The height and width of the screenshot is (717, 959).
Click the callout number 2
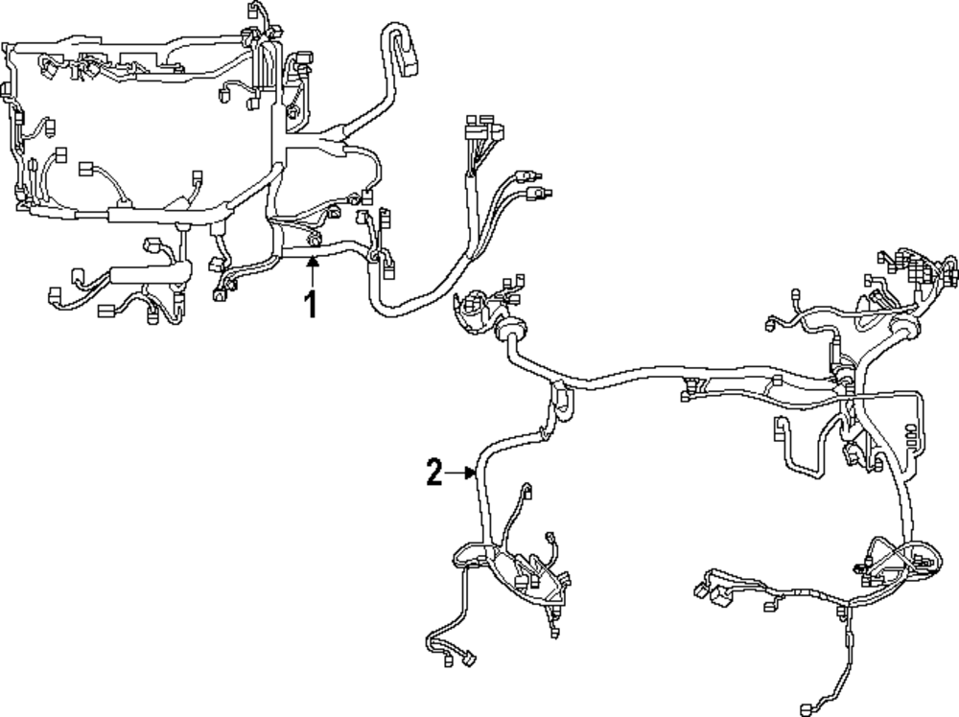pyautogui.click(x=434, y=473)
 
